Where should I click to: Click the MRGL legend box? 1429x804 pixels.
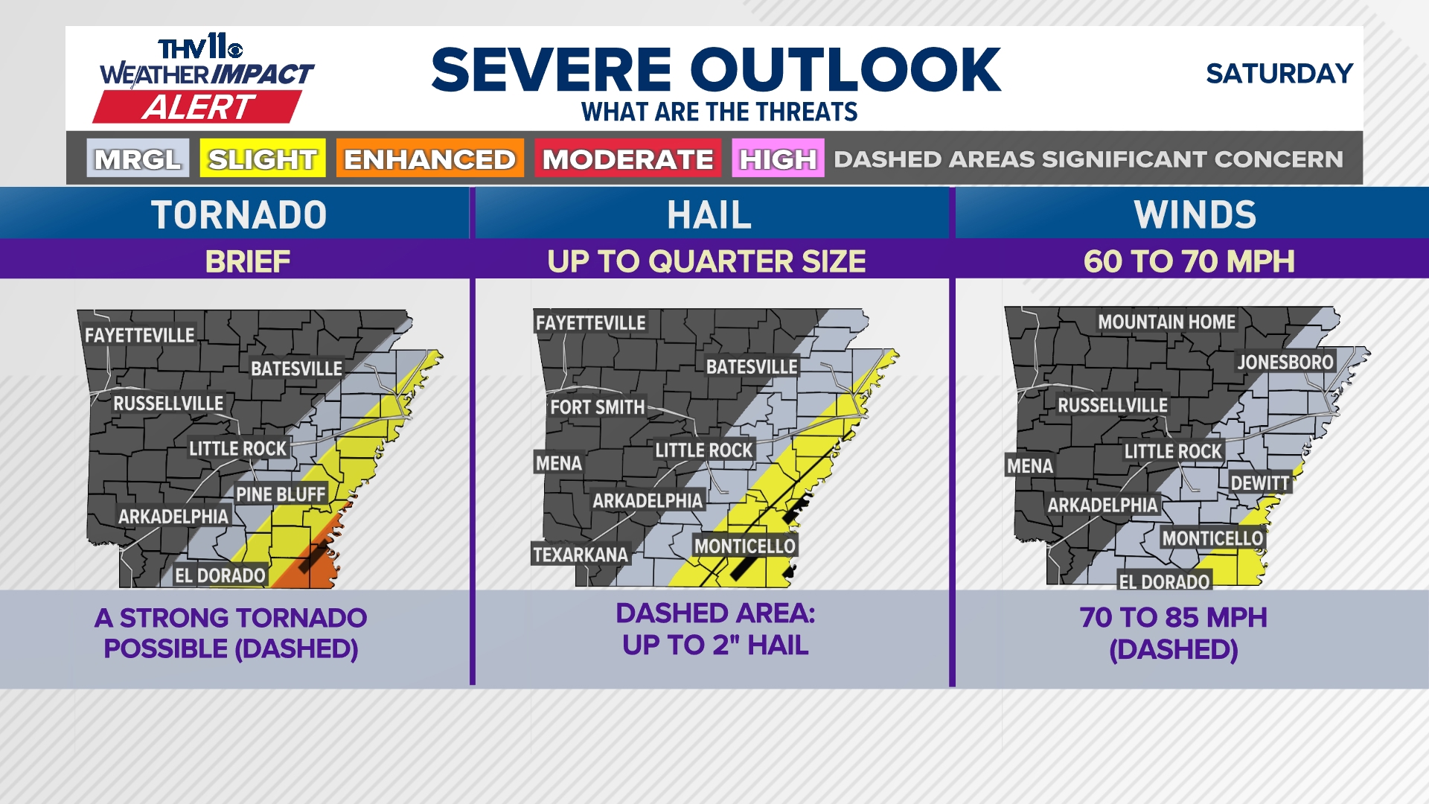[138, 159]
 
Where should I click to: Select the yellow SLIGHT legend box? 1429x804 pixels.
[262, 159]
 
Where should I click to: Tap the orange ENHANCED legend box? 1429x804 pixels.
[429, 159]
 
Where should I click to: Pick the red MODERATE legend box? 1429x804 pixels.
[627, 159]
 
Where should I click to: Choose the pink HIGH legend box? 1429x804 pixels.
[778, 159]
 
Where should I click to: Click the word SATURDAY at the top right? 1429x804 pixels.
[1279, 74]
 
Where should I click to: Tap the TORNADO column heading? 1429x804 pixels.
[239, 215]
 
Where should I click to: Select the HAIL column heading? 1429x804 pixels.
[709, 215]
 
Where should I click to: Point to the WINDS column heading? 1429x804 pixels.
[1195, 215]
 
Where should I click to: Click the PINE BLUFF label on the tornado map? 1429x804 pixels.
[281, 494]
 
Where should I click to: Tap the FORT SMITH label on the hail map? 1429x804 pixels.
[597, 407]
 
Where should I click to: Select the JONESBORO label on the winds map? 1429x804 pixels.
[1285, 363]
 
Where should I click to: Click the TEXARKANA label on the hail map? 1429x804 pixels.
[580, 555]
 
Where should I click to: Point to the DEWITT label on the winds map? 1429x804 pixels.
[1259, 483]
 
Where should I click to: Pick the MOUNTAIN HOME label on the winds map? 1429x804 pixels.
[1166, 322]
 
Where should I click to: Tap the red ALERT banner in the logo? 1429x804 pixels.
[198, 108]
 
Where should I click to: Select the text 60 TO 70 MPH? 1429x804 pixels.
[1189, 261]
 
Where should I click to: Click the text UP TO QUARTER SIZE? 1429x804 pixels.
[706, 261]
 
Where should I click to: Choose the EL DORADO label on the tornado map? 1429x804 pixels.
[220, 575]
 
